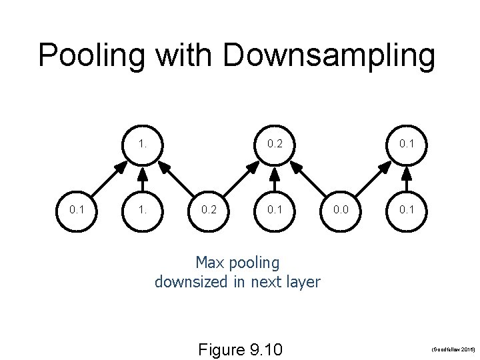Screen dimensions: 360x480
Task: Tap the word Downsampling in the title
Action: click(329, 55)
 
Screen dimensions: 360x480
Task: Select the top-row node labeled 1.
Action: click(142, 143)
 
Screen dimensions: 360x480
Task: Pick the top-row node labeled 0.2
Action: click(274, 143)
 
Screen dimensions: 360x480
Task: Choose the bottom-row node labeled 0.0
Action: click(340, 210)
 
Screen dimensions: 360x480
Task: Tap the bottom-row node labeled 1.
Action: click(142, 210)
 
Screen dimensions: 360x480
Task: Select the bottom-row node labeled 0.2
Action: click(208, 210)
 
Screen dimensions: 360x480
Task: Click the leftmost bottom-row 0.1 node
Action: click(76, 210)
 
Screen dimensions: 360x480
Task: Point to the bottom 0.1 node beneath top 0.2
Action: click(274, 210)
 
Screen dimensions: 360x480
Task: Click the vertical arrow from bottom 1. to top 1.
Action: click(142, 177)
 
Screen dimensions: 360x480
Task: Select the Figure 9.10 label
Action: click(241, 349)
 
